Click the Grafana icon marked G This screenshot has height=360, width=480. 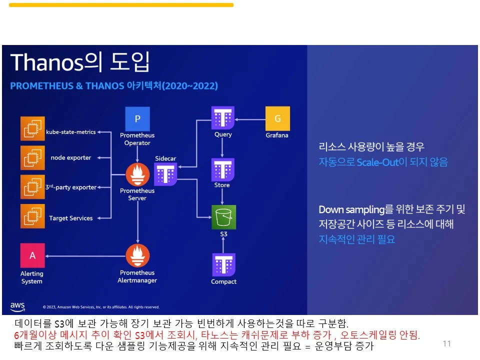(277, 118)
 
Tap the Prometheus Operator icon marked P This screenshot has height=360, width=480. (137, 118)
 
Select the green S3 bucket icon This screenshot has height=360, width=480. (223, 217)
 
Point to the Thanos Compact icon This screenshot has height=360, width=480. (223, 265)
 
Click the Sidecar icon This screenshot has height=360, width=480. (165, 174)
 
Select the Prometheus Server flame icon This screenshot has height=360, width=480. (137, 174)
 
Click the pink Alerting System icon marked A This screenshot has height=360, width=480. (32, 255)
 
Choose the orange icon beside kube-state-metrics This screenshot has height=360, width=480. (32, 128)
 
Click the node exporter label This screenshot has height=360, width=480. (71, 158)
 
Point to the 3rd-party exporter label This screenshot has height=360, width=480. (71, 187)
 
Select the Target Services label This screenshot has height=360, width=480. (70, 218)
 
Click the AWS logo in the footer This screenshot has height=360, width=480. (17, 305)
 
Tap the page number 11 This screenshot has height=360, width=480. (446, 343)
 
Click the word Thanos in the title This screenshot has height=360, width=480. (46, 62)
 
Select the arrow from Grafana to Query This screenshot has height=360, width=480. (249, 119)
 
